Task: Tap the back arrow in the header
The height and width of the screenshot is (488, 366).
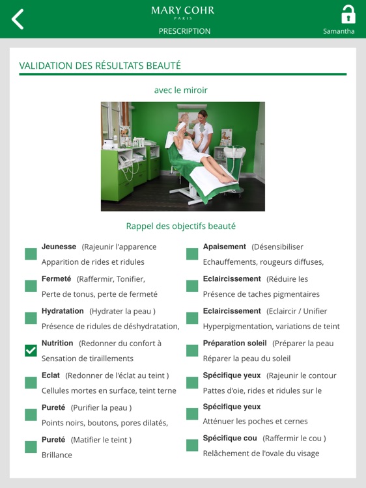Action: point(18,19)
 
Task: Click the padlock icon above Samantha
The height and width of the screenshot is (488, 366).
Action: point(348,14)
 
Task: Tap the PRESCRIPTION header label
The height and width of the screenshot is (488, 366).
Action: point(184,31)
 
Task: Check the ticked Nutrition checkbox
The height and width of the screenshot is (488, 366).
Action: point(31,351)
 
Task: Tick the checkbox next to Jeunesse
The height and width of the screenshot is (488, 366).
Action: point(31,254)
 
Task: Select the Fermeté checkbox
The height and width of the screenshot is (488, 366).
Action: point(31,286)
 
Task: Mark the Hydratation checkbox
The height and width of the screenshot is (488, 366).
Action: point(31,318)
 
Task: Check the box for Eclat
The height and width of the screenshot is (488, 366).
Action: point(31,383)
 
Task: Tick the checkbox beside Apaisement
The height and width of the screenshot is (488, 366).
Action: point(192,254)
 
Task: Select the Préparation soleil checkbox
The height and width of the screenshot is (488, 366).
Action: point(192,351)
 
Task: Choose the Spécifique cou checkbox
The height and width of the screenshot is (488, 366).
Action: point(192,445)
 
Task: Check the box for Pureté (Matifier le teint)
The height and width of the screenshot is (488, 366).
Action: point(31,447)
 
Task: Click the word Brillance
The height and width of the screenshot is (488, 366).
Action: point(57,455)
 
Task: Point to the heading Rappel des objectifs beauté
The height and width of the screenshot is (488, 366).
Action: point(180,226)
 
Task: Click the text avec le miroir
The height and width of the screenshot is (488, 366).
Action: point(180,90)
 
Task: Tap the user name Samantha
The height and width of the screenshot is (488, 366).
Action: point(339,31)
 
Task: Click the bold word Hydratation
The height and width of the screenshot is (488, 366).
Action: point(63,311)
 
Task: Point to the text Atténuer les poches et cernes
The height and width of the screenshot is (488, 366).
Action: point(255,422)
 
